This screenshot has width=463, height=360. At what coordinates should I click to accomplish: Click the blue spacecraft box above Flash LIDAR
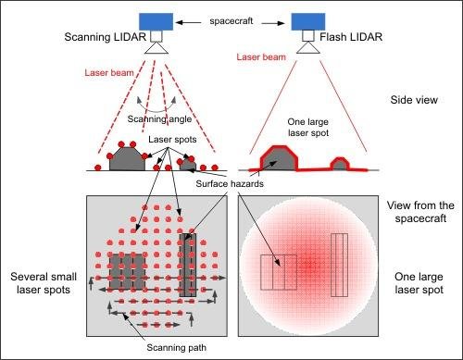[x=307, y=20]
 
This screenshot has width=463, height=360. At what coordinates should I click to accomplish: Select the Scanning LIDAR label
[x=100, y=39]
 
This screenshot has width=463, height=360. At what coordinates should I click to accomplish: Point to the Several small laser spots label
[x=38, y=284]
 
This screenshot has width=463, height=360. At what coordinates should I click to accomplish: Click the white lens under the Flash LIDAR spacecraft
[x=307, y=39]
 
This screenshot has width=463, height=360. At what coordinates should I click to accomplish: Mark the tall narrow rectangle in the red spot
[x=339, y=265]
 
